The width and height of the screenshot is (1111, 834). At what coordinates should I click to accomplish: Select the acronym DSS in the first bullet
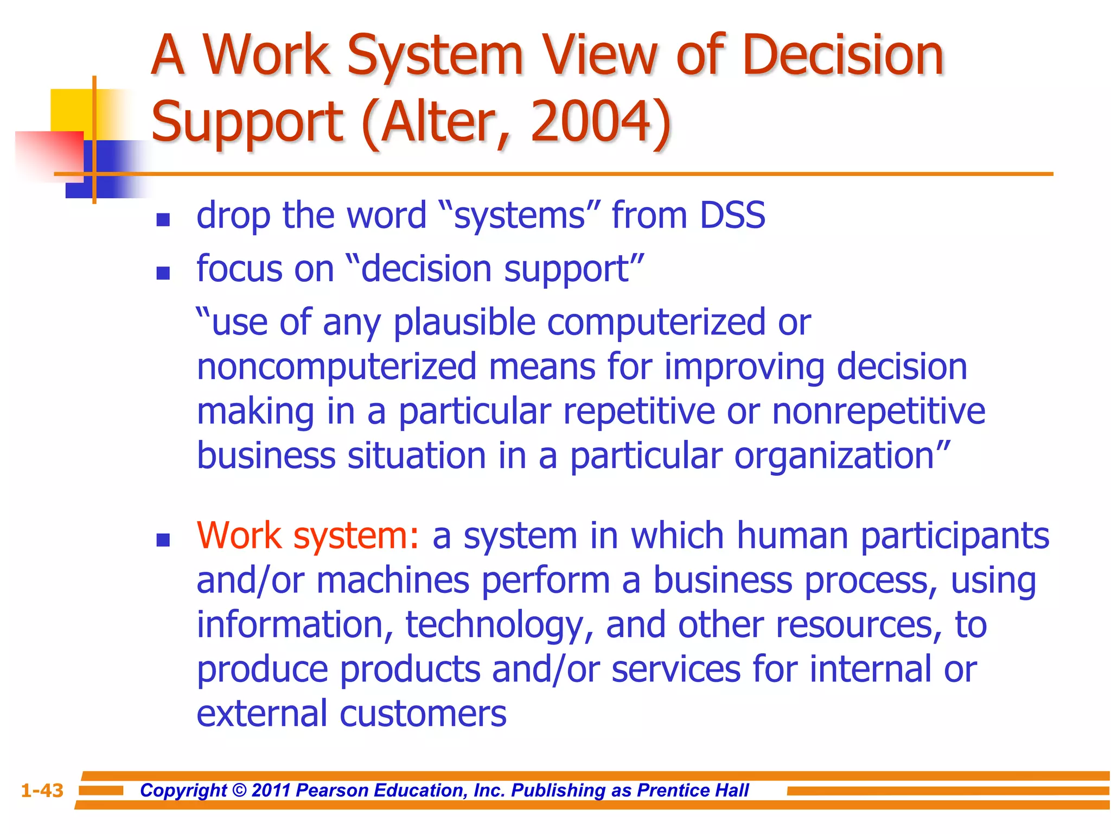[732, 215]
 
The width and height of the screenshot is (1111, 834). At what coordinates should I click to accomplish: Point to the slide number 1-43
[42, 790]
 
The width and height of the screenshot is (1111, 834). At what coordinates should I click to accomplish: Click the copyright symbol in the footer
[239, 790]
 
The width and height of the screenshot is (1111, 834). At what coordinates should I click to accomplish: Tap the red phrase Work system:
[308, 535]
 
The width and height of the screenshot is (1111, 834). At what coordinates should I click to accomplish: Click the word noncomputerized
[336, 367]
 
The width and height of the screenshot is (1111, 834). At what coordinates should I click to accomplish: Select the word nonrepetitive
[878, 411]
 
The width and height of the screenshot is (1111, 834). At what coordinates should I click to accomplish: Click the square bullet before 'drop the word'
[163, 219]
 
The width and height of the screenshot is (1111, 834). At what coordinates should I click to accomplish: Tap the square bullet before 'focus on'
[163, 273]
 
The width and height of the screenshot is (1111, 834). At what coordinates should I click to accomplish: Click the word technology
[499, 624]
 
